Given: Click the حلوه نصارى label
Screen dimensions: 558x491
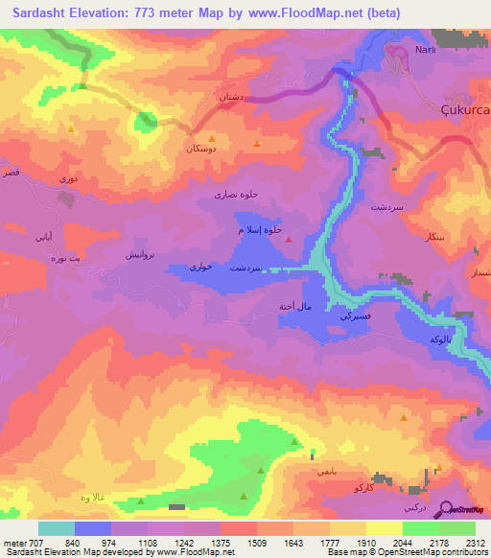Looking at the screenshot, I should [x=236, y=195].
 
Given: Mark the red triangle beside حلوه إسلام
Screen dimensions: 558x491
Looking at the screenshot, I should [x=289, y=239].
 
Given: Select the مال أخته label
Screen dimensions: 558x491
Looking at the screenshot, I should [x=288, y=306].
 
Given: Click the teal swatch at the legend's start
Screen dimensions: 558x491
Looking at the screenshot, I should [x=57, y=528].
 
